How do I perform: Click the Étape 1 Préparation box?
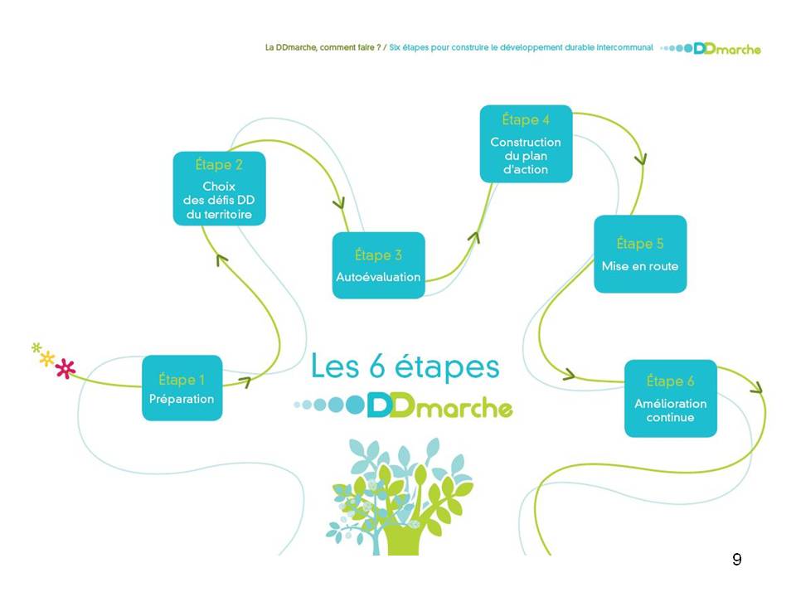click(182, 388)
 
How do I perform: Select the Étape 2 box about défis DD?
click(219, 188)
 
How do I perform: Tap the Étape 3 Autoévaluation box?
click(379, 265)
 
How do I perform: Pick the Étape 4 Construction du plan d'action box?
click(526, 143)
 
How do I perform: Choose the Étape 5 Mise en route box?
click(640, 254)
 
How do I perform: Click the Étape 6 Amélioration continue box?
click(671, 399)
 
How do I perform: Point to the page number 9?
click(737, 560)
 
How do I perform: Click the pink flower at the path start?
click(66, 368)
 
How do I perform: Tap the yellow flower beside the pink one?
click(46, 358)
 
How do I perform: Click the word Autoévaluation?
click(378, 277)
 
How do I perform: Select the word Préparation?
click(182, 399)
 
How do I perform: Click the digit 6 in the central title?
click(377, 366)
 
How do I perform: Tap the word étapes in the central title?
click(447, 368)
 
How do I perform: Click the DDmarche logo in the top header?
click(711, 49)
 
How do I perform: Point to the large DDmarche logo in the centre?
click(404, 405)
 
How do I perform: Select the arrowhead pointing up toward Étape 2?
click(221, 260)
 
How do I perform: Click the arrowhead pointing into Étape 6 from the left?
click(569, 375)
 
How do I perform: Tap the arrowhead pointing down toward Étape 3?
click(339, 203)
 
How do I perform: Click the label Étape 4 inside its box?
click(526, 119)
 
